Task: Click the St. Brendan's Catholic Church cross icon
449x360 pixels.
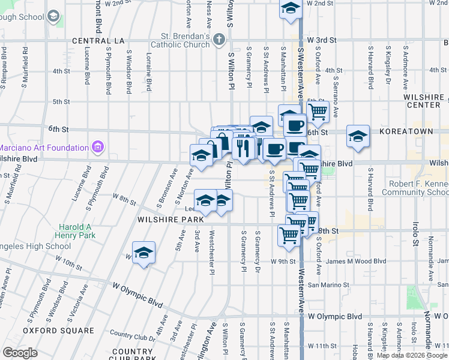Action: click(x=219, y=41)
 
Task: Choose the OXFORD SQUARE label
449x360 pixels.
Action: click(x=58, y=331)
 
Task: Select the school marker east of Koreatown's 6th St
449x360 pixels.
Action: click(x=358, y=137)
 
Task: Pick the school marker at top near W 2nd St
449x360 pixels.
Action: click(x=291, y=10)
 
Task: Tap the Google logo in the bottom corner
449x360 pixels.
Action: click(x=20, y=353)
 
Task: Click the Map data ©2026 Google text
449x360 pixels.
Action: click(x=412, y=355)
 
